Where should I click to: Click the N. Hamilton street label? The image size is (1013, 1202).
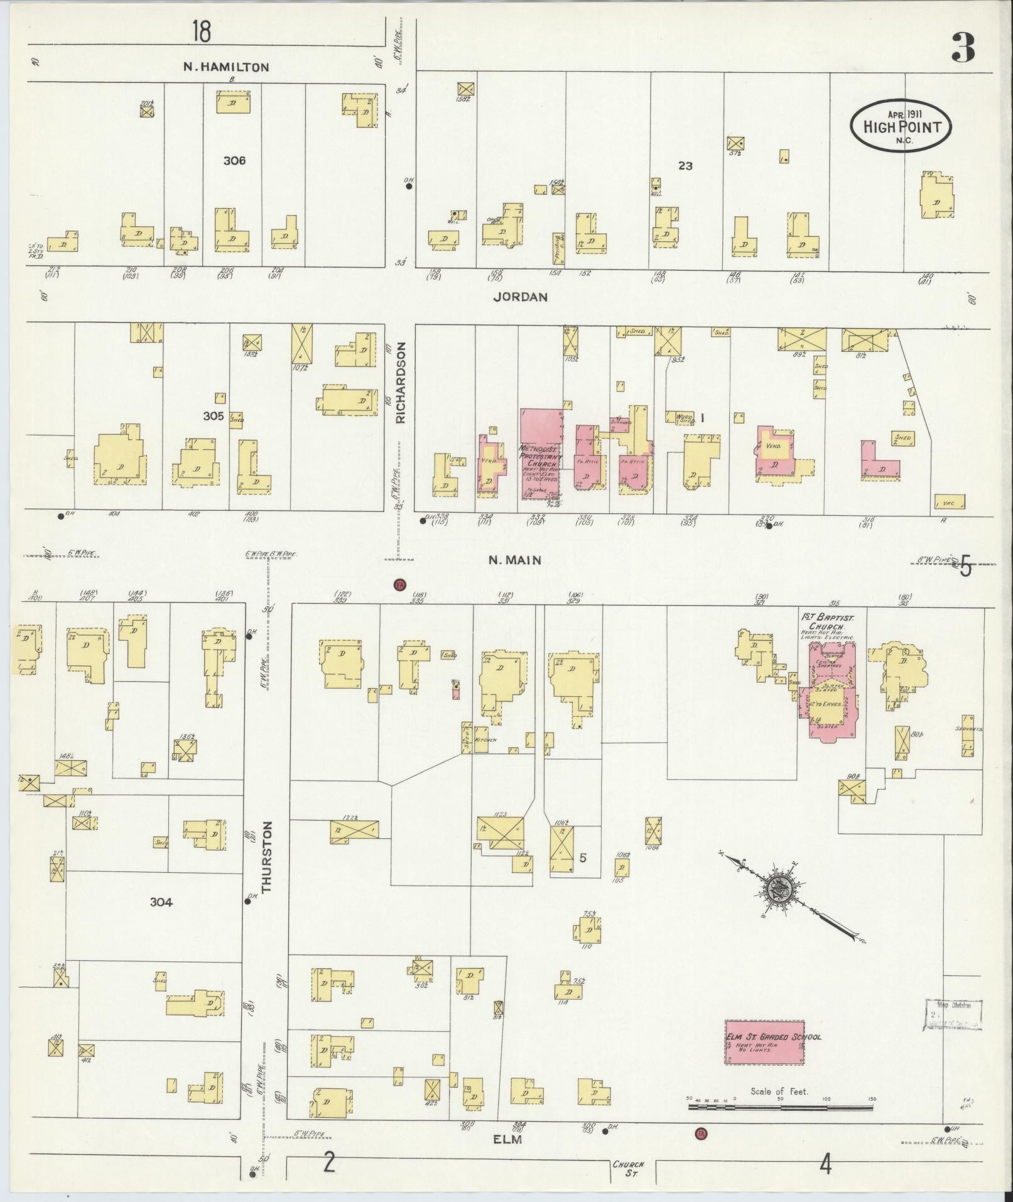(x=226, y=67)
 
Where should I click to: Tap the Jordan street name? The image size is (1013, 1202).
(x=520, y=297)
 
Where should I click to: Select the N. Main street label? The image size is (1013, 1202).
(x=515, y=560)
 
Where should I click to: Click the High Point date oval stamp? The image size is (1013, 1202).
(x=901, y=126)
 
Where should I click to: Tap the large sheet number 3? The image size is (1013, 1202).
(x=963, y=48)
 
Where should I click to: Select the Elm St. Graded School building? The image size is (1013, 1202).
(x=764, y=1042)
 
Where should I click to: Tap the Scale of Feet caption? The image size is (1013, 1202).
(x=779, y=1091)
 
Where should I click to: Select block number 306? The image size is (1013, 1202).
(x=234, y=161)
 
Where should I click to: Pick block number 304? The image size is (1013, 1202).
(x=161, y=902)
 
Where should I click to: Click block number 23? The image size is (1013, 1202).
(x=685, y=166)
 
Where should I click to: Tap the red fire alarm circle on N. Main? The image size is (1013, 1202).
(x=399, y=585)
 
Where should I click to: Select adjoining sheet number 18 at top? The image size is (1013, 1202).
(x=202, y=31)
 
